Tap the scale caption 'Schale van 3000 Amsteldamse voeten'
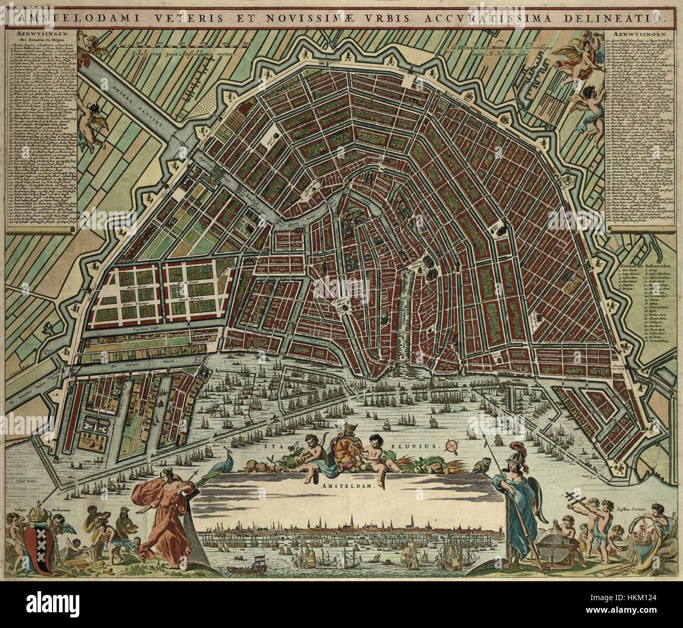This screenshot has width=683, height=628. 176,52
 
